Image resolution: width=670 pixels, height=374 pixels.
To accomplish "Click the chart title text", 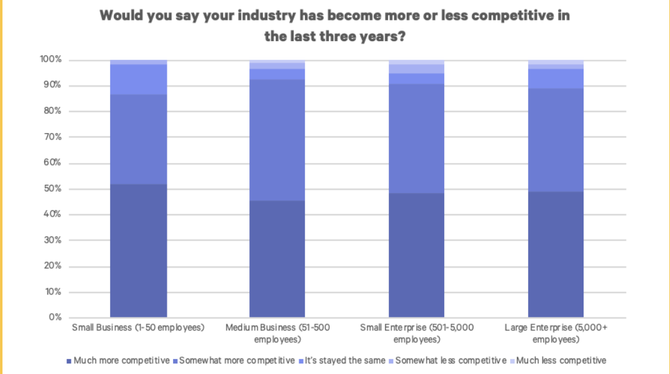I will (x=335, y=26).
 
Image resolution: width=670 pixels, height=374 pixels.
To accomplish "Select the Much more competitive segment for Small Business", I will (x=138, y=251).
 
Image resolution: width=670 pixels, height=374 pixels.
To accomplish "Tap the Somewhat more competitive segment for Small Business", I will (x=138, y=139).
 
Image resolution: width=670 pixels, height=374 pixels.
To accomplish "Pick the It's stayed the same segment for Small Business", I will (x=138, y=79).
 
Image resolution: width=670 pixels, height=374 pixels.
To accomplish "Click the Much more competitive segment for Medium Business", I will (x=277, y=259).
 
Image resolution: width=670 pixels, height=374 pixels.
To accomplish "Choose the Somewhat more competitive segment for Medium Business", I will (x=277, y=140).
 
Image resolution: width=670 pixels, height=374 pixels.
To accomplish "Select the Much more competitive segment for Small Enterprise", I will (x=416, y=255).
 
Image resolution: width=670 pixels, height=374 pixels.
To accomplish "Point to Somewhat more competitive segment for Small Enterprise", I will (x=416, y=138).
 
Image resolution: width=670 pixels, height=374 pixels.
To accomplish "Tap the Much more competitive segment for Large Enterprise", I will (x=556, y=255).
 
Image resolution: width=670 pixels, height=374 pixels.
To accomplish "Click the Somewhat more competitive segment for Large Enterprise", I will (x=556, y=140).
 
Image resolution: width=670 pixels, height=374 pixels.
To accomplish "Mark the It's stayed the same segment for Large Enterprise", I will (x=556, y=78).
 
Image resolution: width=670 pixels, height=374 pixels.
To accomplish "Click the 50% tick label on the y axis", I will (x=52, y=189).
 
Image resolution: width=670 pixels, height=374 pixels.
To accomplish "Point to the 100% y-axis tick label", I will (x=50, y=60).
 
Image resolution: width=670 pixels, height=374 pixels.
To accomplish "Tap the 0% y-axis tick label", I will (x=54, y=317).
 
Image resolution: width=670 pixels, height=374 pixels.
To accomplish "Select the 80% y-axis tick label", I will (x=52, y=111).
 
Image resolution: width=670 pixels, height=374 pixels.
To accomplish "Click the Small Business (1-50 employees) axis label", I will (x=138, y=327).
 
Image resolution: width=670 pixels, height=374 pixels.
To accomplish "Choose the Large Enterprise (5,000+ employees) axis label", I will (x=556, y=333).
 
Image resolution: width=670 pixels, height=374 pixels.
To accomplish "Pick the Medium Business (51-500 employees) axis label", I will (x=277, y=333).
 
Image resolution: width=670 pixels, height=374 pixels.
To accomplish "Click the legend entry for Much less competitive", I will (x=557, y=360).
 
